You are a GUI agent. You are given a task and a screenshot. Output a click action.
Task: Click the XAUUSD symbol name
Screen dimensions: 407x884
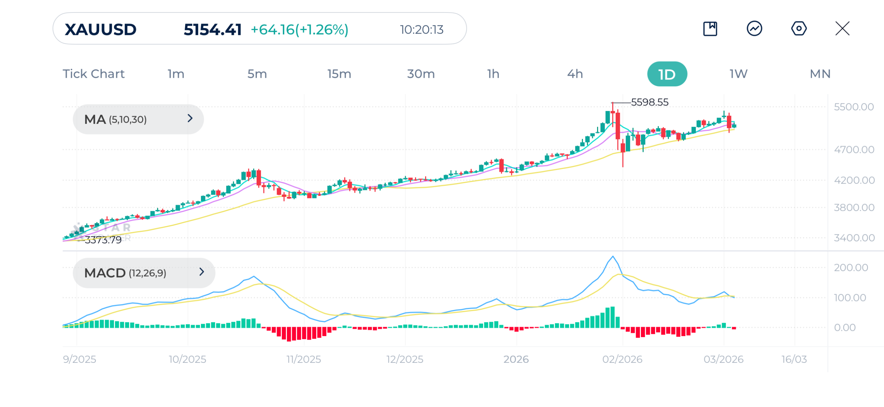coord(100,29)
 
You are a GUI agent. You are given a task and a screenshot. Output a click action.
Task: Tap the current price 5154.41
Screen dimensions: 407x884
coord(212,29)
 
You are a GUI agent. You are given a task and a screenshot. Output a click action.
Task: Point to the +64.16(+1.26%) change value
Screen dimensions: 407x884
coord(299,29)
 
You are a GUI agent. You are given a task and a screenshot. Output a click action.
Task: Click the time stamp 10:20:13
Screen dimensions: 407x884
coord(421,29)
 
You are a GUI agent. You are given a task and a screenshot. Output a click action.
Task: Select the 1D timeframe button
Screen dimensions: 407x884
coord(666,74)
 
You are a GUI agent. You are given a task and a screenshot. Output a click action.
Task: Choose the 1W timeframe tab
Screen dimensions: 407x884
coord(738,74)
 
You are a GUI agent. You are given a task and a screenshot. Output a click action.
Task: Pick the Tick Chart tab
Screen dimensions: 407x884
coord(93,74)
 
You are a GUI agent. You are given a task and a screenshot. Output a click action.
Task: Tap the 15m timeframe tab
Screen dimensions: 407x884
coord(339,74)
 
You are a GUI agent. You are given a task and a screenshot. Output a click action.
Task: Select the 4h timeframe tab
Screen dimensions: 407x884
coord(575,74)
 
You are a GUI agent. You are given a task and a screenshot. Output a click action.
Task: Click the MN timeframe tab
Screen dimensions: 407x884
coord(820,74)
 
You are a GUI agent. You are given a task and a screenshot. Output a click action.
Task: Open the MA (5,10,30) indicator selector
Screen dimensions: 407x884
coord(138,119)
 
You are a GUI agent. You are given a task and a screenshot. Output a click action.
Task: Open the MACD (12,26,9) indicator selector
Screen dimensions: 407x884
coord(144,273)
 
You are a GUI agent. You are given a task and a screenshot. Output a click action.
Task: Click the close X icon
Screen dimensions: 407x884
coord(842,28)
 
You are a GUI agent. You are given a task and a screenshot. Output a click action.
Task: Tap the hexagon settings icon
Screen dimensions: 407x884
coord(798,28)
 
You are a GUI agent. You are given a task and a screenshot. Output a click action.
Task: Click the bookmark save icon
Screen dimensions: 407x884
coord(710,28)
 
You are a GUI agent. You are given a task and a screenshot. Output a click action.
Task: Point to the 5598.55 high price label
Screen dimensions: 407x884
coord(649,102)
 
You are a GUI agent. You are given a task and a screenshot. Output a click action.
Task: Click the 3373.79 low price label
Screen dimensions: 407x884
coord(103,240)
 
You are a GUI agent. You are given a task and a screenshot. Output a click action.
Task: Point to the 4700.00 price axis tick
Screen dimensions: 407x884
coord(854,150)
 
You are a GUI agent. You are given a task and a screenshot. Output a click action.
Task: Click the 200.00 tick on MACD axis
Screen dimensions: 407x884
coord(851,267)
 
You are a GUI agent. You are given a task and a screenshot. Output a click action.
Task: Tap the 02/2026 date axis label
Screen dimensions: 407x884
coord(622,359)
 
